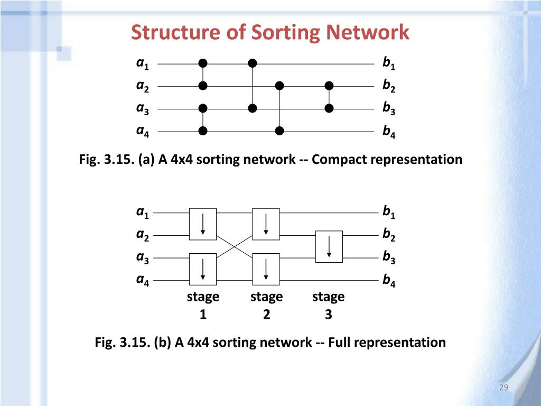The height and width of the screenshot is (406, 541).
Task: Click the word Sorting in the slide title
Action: [x=286, y=33]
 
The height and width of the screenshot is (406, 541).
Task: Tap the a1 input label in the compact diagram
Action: [x=143, y=64]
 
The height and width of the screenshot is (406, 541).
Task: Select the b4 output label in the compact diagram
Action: [x=389, y=132]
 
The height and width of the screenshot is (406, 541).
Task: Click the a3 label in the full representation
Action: [x=143, y=258]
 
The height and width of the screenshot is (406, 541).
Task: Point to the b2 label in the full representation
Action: [x=389, y=235]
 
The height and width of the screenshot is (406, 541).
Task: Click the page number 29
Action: [x=503, y=389]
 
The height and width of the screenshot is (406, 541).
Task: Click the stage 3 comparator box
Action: [x=329, y=246]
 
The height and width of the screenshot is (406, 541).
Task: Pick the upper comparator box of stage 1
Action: [x=203, y=224]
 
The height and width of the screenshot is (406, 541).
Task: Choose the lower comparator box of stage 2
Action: [x=266, y=269]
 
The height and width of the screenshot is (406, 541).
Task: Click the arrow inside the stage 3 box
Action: [x=329, y=246]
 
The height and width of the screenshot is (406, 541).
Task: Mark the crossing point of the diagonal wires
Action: [x=235, y=246]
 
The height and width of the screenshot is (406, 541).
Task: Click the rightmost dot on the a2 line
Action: [x=330, y=86]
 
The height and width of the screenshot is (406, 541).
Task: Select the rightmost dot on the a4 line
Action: [x=280, y=131]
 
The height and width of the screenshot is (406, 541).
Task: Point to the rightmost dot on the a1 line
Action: [x=253, y=63]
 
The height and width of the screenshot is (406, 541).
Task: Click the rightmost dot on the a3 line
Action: [x=330, y=108]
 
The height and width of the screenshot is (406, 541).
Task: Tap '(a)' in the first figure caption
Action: [x=147, y=159]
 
